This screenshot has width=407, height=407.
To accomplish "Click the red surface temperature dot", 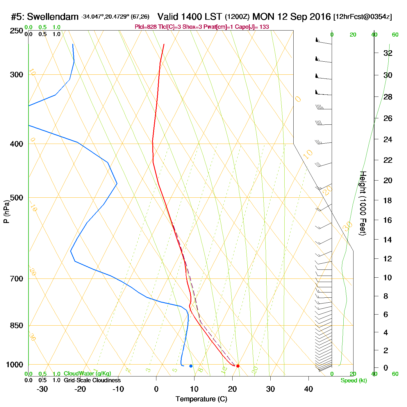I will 238,366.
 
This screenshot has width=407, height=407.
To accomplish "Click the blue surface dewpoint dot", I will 191,366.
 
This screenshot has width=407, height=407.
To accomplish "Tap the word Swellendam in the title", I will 53,17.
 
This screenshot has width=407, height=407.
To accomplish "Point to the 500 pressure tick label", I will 16,198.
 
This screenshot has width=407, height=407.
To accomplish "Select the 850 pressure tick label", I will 16,325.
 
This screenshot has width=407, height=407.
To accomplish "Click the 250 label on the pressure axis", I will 16,31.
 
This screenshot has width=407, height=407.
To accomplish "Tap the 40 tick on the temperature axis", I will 308,389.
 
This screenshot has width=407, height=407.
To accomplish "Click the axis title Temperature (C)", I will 201,399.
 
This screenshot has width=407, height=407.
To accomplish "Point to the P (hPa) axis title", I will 6,211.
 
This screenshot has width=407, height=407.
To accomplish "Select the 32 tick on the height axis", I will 388,53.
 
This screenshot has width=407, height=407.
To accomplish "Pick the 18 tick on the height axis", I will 388,200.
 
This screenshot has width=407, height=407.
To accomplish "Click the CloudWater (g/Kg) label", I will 87,374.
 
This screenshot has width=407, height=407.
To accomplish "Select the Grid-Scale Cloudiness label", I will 92,380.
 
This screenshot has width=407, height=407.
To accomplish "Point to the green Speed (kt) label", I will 354,381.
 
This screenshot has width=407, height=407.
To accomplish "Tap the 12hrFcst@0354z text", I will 363,17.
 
